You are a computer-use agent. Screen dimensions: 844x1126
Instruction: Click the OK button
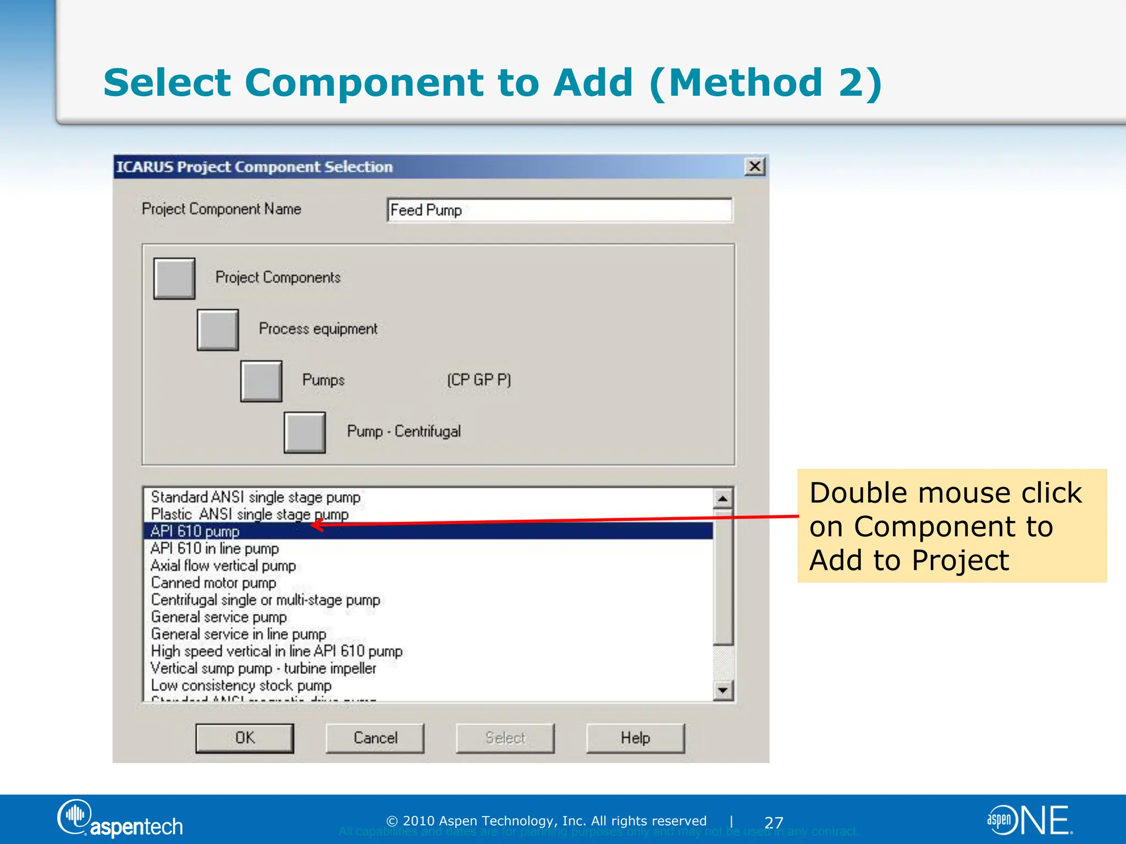245,737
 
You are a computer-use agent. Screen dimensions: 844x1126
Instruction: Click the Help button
635,737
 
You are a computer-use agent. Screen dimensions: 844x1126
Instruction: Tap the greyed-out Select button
505,737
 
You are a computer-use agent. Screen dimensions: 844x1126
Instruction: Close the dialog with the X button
754,166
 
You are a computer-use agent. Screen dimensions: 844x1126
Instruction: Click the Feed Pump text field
559,210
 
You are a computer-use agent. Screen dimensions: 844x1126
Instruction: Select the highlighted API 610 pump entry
195,531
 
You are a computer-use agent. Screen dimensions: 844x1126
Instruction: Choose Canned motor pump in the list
213,582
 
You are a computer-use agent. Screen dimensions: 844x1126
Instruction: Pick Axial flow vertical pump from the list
223,565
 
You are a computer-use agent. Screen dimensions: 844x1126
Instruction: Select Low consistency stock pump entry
241,685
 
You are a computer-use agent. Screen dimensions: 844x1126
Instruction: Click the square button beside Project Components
174,279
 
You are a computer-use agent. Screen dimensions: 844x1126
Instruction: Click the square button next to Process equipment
218,330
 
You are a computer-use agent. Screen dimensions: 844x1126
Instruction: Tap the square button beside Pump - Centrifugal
305,432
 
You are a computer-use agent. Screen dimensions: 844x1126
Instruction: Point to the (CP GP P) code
479,380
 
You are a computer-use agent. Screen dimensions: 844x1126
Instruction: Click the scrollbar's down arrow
723,690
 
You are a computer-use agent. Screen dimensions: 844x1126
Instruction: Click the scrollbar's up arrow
723,498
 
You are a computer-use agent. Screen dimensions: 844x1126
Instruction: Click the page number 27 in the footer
774,823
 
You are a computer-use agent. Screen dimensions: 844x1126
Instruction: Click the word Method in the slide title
746,82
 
